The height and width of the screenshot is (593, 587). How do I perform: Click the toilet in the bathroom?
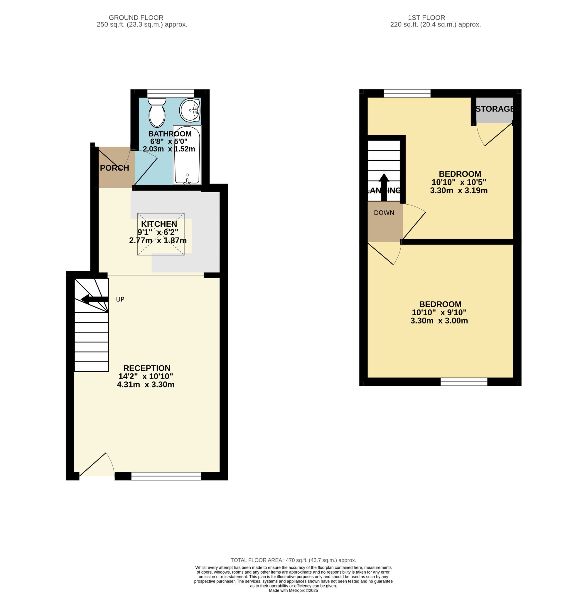click(x=157, y=112)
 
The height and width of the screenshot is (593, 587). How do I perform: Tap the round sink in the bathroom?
click(x=190, y=110)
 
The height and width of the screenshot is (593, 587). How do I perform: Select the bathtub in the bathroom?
click(x=187, y=155)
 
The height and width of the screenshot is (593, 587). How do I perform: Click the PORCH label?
click(x=114, y=168)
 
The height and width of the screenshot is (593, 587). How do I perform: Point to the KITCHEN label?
click(x=159, y=224)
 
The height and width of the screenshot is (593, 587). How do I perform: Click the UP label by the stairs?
click(x=120, y=299)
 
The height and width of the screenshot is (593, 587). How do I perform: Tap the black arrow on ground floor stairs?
click(x=95, y=299)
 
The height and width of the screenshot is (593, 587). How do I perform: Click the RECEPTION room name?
click(x=147, y=368)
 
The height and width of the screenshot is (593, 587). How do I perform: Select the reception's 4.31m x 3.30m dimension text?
click(x=146, y=385)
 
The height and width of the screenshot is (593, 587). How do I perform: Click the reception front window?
click(x=166, y=476)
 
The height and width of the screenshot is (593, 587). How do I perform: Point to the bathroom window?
click(x=171, y=93)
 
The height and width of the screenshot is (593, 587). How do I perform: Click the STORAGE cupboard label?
click(x=495, y=109)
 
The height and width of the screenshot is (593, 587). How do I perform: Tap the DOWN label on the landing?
click(x=384, y=213)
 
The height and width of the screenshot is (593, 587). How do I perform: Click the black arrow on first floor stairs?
click(x=384, y=187)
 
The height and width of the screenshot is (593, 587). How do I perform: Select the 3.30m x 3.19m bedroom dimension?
click(x=459, y=190)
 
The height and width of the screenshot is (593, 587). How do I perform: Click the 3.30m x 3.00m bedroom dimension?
click(x=439, y=321)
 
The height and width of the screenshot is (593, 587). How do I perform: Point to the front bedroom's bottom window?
click(x=464, y=382)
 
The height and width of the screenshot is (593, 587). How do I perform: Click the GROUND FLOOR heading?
click(x=136, y=18)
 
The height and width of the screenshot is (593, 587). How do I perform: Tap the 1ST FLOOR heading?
click(x=426, y=18)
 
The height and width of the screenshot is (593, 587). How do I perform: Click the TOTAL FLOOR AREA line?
click(x=293, y=560)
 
